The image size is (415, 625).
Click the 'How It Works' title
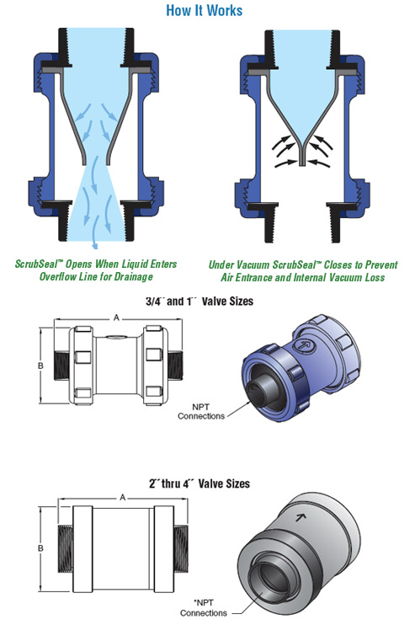(x=204, y=10)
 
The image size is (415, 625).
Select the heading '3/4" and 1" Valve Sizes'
(x=200, y=301)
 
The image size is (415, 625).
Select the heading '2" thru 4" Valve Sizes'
(x=200, y=483)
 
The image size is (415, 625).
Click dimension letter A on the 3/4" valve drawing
(x=117, y=318)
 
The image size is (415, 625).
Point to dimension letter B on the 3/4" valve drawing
(x=40, y=366)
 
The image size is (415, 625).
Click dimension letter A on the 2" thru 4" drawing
(x=123, y=498)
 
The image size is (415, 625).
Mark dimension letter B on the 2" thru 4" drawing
(x=40, y=548)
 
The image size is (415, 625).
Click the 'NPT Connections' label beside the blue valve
(x=201, y=412)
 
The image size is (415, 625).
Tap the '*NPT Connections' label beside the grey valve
(x=203, y=608)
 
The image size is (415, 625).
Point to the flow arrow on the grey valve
(x=301, y=517)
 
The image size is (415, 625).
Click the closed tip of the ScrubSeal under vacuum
(x=302, y=162)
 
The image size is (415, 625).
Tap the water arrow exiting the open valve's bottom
(x=94, y=238)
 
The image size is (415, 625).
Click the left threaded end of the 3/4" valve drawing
(x=61, y=366)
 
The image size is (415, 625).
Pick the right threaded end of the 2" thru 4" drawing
(x=181, y=549)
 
